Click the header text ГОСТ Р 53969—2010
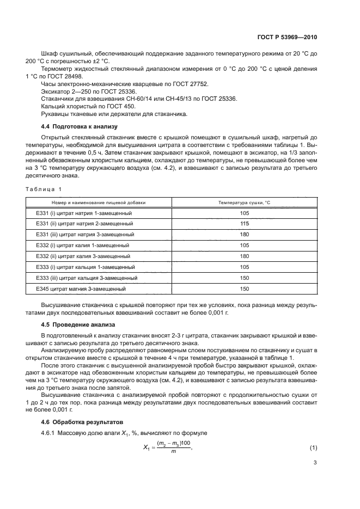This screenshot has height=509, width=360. (x=286, y=38)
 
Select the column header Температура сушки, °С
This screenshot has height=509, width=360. (x=244, y=202)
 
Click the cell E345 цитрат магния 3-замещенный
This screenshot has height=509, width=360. (x=81, y=289)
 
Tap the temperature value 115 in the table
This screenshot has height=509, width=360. (x=244, y=224)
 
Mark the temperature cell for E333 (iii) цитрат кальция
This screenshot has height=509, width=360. (x=244, y=278)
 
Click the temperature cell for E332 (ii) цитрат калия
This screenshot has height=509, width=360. (x=244, y=256)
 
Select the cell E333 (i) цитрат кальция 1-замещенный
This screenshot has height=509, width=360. (x=85, y=267)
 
